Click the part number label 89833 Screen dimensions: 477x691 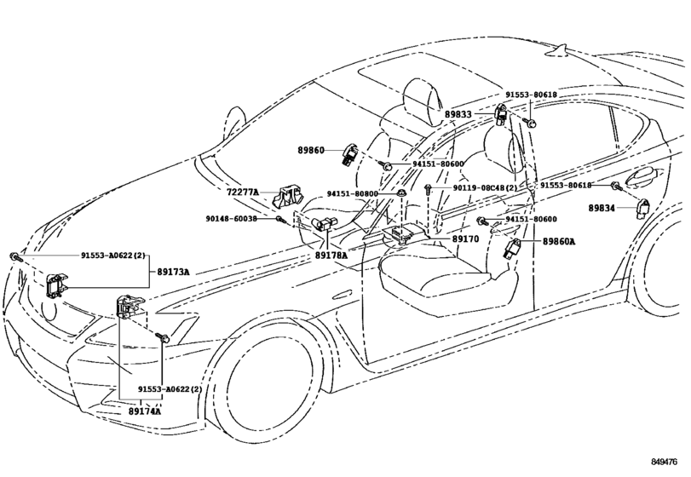pyautogui.click(x=458, y=113)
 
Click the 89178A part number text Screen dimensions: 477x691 pyautogui.click(x=331, y=254)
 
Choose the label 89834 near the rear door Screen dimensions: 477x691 pyautogui.click(x=602, y=207)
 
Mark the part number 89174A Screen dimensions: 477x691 pyautogui.click(x=145, y=411)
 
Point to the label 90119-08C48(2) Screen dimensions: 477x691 pyautogui.click(x=485, y=187)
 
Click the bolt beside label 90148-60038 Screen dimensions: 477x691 pyautogui.click(x=279, y=220)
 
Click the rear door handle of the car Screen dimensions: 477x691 pyautogui.click(x=641, y=178)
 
